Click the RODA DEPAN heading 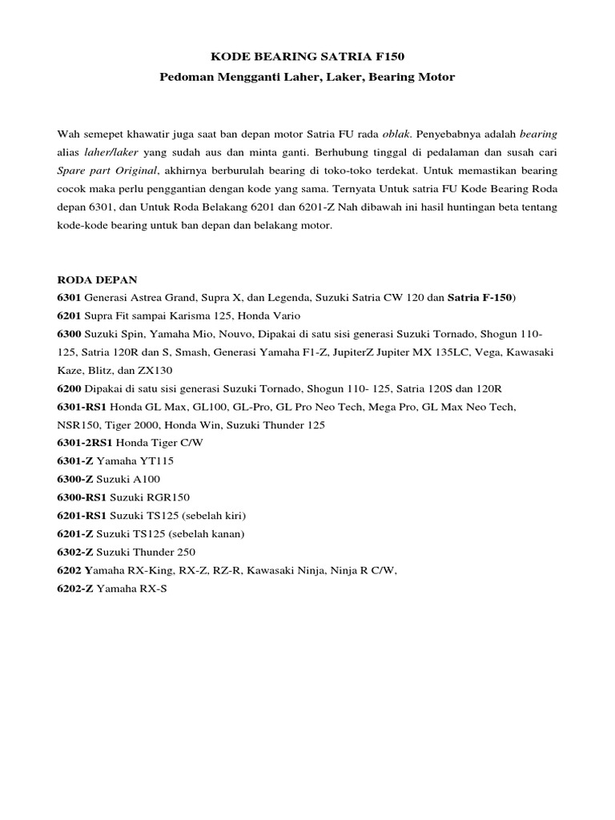[x=98, y=279]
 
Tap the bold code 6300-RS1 [x=82, y=497]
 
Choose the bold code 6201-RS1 [x=82, y=516]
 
